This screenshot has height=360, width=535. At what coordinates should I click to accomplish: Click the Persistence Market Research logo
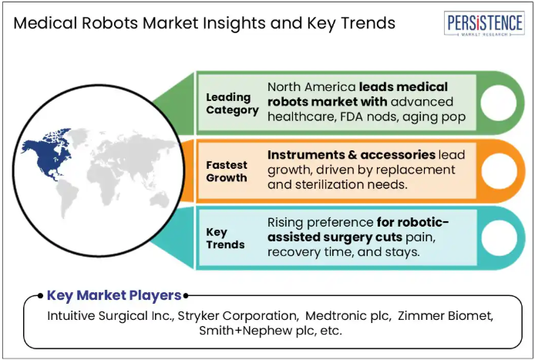tap(484, 23)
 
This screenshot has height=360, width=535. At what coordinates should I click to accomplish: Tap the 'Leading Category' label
tap(232, 104)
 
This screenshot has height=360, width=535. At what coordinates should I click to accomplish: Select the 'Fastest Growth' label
tap(227, 171)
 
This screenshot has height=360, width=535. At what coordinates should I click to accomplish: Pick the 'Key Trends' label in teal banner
tap(225, 238)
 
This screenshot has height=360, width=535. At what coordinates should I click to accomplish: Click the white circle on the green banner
tap(499, 103)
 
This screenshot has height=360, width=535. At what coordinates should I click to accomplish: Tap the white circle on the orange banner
tap(499, 171)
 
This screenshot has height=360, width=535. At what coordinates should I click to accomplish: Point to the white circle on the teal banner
tap(499, 238)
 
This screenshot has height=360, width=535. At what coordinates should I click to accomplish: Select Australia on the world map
tap(159, 200)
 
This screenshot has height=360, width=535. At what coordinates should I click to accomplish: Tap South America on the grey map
tap(66, 198)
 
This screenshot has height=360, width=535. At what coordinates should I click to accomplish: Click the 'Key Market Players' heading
tap(114, 295)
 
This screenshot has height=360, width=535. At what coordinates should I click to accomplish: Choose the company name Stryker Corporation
tap(237, 315)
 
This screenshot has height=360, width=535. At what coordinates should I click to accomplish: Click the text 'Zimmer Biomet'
tap(445, 315)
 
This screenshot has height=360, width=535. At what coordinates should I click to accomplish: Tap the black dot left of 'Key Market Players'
tap(40, 295)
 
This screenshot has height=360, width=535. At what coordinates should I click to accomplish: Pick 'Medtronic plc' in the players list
tap(348, 315)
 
